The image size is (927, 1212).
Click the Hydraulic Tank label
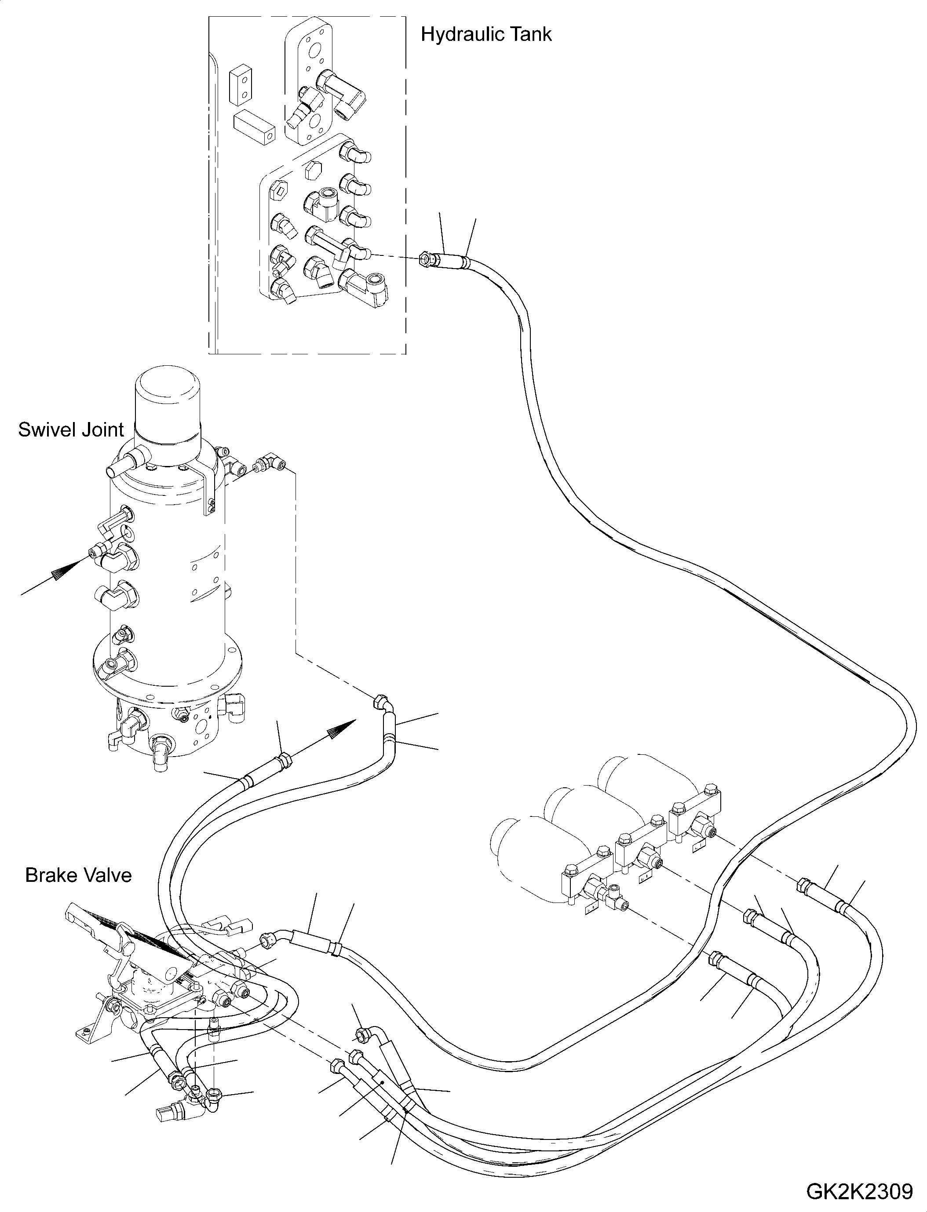[x=485, y=35]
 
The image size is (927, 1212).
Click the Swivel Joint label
[x=71, y=430]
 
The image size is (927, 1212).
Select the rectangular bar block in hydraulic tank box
[x=253, y=128]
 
